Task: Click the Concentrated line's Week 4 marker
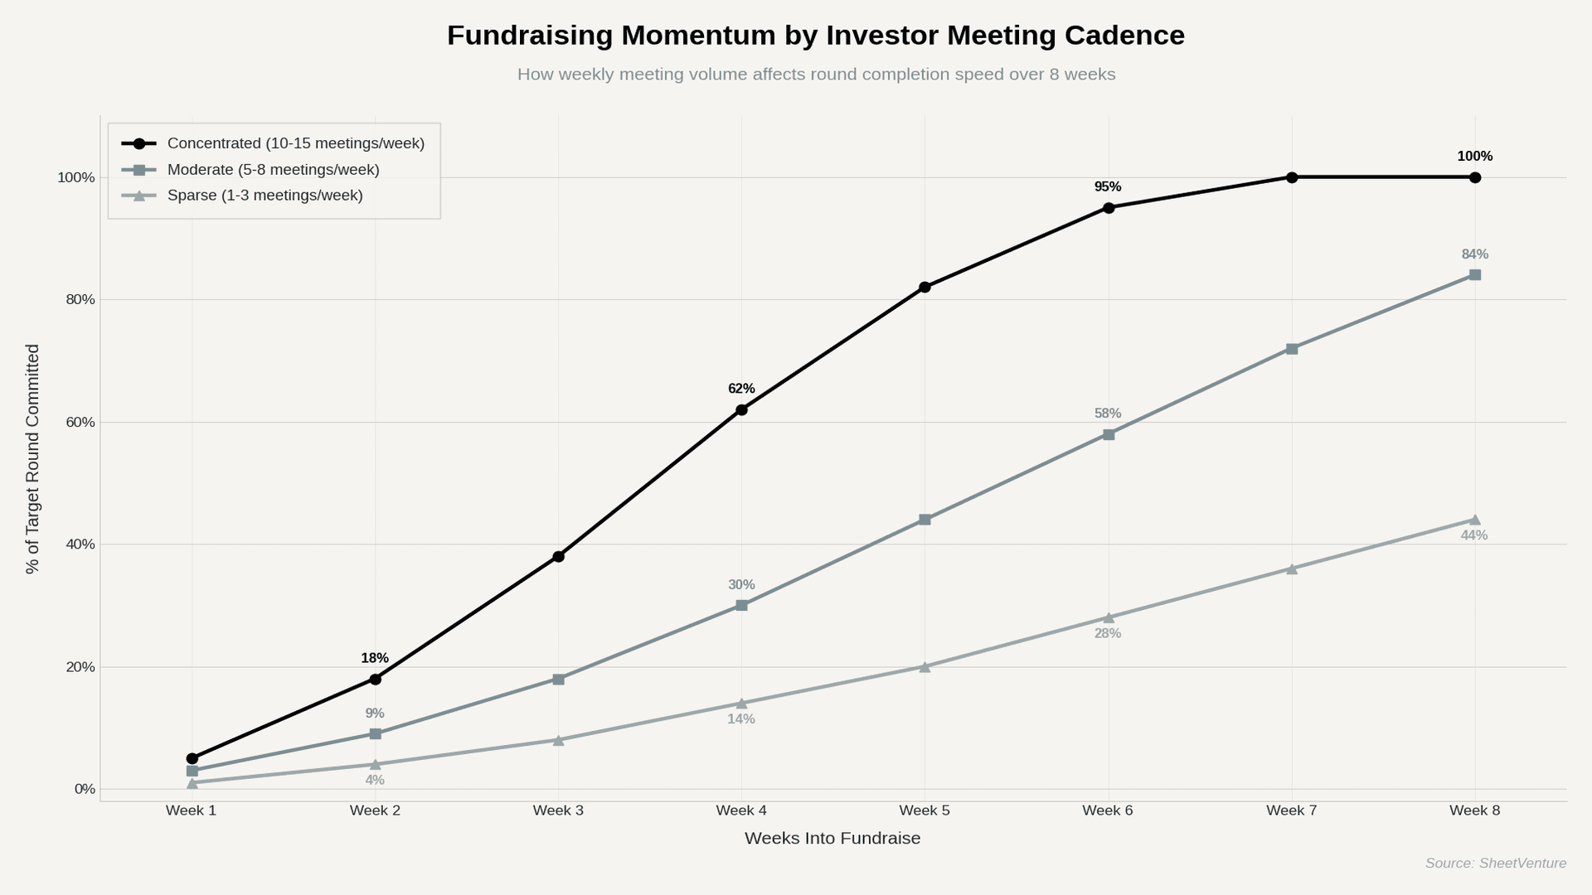click(x=741, y=409)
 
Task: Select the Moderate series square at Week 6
click(x=1109, y=434)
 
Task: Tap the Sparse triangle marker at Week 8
click(x=1474, y=520)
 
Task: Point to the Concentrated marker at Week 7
click(x=1292, y=177)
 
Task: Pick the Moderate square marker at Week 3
click(x=558, y=680)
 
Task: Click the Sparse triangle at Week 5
click(x=925, y=667)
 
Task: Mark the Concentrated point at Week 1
click(x=192, y=758)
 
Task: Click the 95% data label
click(x=1108, y=187)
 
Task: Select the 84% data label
click(x=1474, y=254)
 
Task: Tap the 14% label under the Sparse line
click(x=741, y=719)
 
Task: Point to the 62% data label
click(x=741, y=389)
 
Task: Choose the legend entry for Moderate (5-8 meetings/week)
click(x=273, y=170)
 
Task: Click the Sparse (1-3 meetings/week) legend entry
click(x=265, y=196)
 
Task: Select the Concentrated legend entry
click(x=295, y=143)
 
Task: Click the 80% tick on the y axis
click(x=80, y=299)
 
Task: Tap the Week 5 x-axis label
click(x=925, y=810)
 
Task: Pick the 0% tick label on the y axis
click(x=85, y=789)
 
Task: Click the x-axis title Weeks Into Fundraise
click(x=832, y=838)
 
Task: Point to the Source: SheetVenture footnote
click(x=1495, y=864)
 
